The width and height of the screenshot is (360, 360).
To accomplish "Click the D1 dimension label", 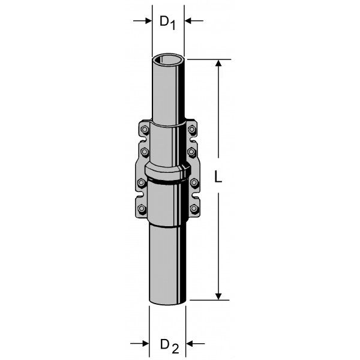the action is click(x=167, y=23).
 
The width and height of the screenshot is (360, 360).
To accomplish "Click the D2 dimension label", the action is click(x=169, y=346).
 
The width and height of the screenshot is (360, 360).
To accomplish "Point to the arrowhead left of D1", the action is click(x=149, y=21).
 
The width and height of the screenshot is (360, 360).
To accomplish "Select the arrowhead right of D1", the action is click(x=188, y=21).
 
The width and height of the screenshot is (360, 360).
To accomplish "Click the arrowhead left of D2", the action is click(x=146, y=344).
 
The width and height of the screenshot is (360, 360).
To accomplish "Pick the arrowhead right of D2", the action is click(x=190, y=344).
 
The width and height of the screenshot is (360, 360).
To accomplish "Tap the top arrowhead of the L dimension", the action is click(x=218, y=63).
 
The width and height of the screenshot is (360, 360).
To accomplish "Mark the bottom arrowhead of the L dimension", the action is click(x=218, y=296).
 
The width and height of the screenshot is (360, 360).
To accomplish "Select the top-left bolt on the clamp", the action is click(x=145, y=130).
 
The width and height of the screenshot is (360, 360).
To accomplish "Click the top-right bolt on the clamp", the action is click(x=192, y=130).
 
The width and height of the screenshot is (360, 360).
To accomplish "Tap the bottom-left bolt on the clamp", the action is click(x=142, y=209).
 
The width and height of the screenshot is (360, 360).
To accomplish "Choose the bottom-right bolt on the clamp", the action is click(x=194, y=208).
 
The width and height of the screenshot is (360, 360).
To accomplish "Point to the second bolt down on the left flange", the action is click(x=145, y=152).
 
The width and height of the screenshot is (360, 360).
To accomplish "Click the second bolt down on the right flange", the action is click(x=191, y=152).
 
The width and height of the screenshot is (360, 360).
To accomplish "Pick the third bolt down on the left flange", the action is click(x=142, y=183).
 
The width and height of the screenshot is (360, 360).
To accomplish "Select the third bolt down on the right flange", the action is click(x=194, y=182).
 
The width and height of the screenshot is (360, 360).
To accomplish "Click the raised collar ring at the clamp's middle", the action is click(x=168, y=172).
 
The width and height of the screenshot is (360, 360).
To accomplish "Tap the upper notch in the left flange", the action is click(x=143, y=140).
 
